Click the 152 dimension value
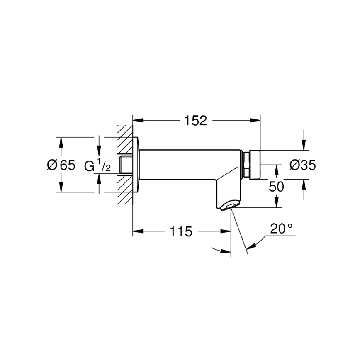196,121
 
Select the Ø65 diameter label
61,165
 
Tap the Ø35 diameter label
302,165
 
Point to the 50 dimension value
276,187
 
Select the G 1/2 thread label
97,166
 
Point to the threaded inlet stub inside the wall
125,165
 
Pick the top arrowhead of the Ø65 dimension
61,141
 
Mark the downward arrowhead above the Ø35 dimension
304,146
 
